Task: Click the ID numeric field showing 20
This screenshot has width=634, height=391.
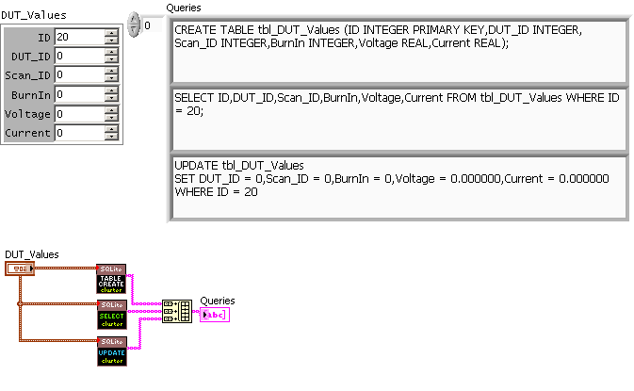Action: click(79, 37)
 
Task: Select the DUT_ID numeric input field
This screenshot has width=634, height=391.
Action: click(79, 56)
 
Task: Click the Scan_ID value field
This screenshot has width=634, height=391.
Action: click(79, 74)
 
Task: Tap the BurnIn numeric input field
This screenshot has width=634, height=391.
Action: click(79, 94)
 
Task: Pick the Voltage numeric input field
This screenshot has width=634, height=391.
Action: click(79, 114)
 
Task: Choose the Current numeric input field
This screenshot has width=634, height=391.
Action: click(79, 133)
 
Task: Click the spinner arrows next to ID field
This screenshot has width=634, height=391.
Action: click(111, 37)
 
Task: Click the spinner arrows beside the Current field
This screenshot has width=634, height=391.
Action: click(111, 133)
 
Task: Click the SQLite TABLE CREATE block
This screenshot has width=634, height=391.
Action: click(111, 278)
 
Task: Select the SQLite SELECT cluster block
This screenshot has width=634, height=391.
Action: click(111, 314)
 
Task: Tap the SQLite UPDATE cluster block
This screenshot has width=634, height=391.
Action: click(111, 350)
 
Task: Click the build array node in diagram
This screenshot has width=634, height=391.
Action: click(176, 312)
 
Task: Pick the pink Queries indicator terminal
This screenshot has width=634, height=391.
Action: click(214, 315)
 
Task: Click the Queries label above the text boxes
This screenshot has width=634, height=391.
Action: click(182, 8)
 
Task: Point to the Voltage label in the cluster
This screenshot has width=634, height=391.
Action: click(27, 114)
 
